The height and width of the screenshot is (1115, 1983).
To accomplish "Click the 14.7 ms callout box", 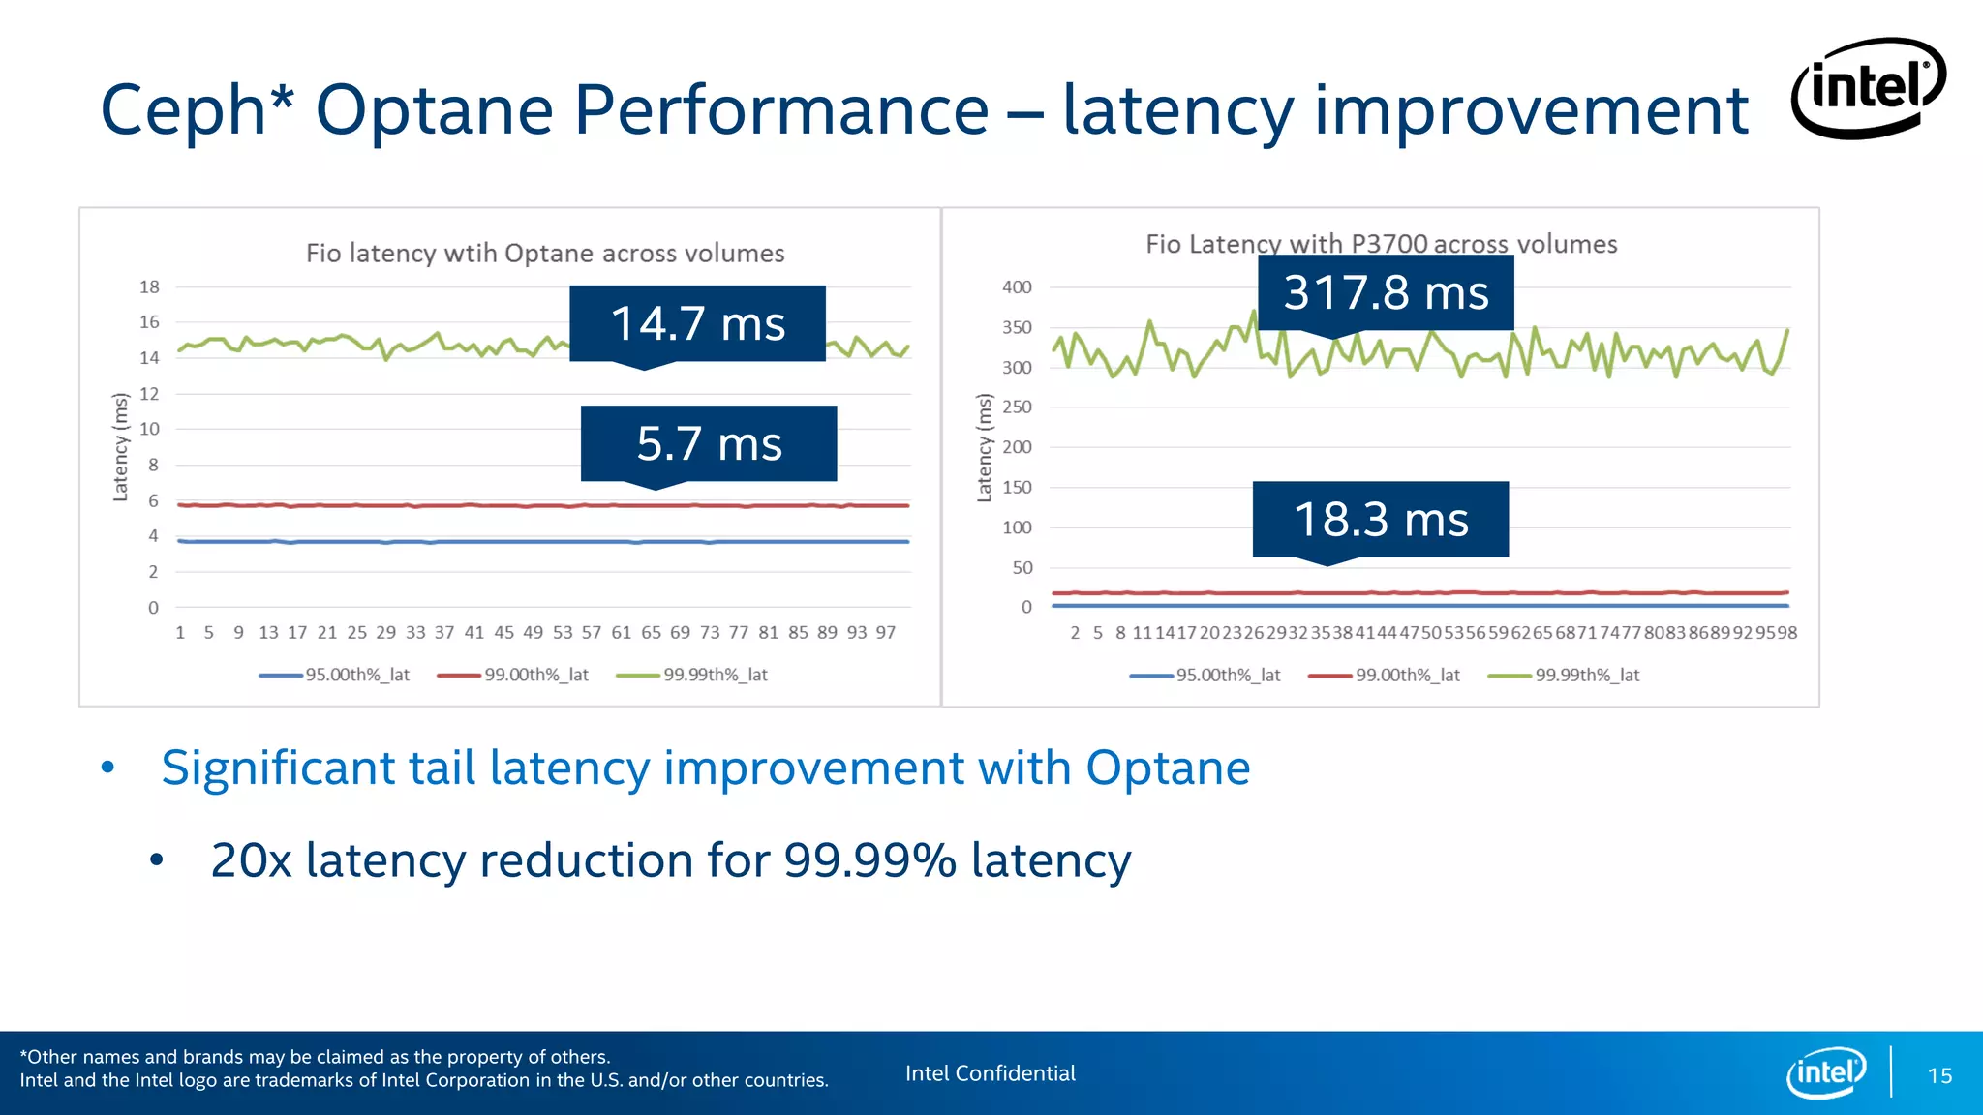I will coord(697,323).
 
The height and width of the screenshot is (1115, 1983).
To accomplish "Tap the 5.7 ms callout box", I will coord(709,443).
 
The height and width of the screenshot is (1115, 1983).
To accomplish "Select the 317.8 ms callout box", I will coord(1386,292).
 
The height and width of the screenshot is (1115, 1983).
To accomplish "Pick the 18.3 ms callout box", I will coord(1381,519).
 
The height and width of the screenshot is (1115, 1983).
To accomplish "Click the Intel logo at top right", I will coord(1868,88).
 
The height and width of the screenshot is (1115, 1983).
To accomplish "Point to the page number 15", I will coord(1939,1075).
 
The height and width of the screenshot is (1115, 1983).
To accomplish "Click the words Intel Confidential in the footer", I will coord(990,1073).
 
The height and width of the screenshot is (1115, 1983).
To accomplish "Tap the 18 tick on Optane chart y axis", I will coord(149,286).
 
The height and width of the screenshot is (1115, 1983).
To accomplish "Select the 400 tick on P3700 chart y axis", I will coord(1017,286).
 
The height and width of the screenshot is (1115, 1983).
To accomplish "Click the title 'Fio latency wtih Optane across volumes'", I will coord(545,254).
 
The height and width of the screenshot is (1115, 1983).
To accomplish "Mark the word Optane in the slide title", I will coord(434,110).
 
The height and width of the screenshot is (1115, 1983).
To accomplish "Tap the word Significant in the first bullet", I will coord(277,768).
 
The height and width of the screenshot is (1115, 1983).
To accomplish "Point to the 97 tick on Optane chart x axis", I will coord(885,632).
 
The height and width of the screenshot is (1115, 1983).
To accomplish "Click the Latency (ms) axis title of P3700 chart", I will coord(985,447).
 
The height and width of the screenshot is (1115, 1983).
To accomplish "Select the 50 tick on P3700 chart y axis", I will coord(1022,568).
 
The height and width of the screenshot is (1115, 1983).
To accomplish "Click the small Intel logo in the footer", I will coord(1825,1072).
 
